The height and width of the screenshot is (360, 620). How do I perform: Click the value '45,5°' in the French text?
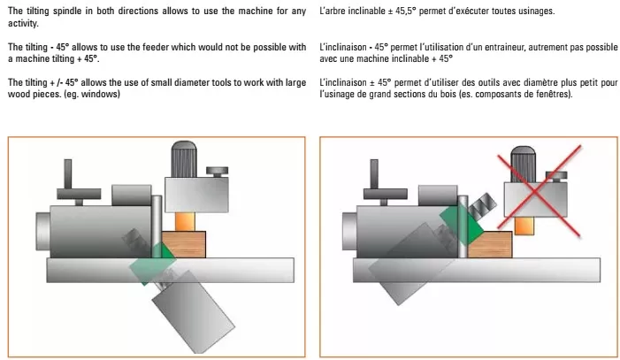404,11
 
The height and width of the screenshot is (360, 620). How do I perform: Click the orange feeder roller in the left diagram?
185,221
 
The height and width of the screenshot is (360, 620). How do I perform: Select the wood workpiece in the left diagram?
183,244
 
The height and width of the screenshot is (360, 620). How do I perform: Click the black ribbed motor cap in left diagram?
184,159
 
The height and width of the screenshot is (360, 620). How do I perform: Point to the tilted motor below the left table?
194,311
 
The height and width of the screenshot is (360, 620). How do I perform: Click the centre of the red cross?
535,191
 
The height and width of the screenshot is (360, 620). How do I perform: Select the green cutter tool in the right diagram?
462,223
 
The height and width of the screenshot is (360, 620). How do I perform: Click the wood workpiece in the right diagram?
490,244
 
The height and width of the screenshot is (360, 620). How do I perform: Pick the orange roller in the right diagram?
524,226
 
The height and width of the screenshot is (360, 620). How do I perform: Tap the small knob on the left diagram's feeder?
217,172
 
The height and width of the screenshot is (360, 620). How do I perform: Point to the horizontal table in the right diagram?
477,270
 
